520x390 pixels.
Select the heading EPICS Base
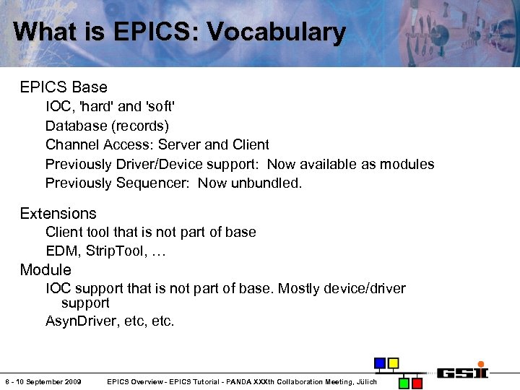[64, 87]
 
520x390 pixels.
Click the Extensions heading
[58, 214]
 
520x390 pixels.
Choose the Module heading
[45, 270]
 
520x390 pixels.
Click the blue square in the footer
[379, 363]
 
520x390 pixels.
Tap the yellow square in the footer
[393, 363]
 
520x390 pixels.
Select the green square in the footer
[405, 382]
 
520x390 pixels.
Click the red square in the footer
[418, 382]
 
